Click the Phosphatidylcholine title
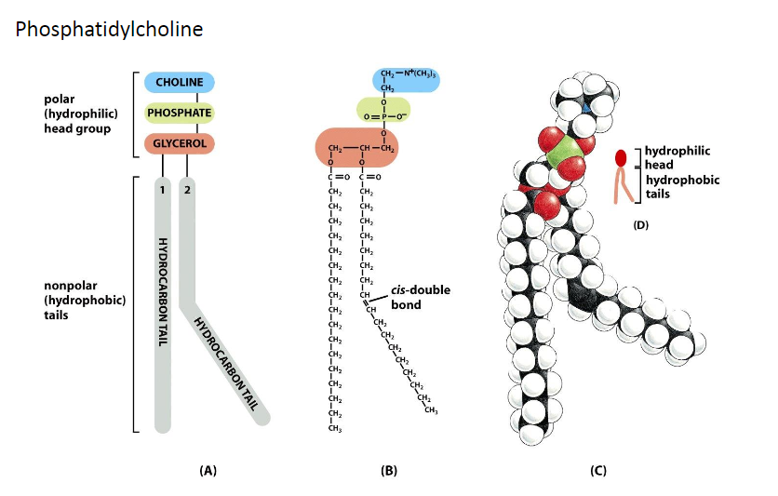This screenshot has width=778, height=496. (109, 31)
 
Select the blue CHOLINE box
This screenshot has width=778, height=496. (180, 83)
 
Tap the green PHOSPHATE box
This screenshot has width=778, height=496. (180, 113)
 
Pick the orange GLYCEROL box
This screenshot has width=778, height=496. (180, 143)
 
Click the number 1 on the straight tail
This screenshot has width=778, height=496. (162, 191)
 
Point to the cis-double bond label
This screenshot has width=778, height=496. (423, 297)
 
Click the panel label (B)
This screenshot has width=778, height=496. (389, 471)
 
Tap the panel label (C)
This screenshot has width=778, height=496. (598, 471)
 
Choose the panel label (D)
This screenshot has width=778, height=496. (640, 225)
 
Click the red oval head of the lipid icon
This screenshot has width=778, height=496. (621, 158)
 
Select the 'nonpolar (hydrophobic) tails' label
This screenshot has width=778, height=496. (85, 301)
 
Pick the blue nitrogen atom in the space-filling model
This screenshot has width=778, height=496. (584, 111)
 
